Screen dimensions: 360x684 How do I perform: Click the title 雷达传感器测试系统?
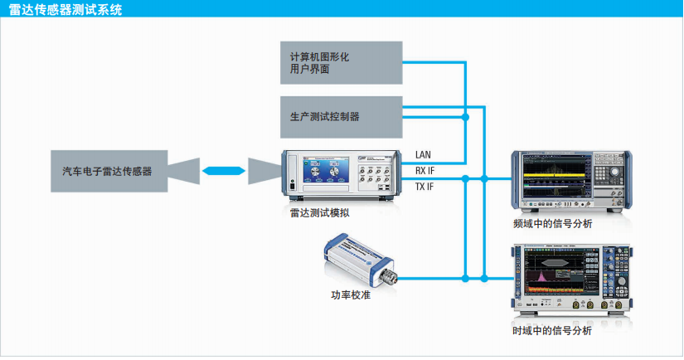63,10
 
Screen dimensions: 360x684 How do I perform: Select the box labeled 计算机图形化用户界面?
341,63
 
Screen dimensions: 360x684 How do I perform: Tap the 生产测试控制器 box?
341,117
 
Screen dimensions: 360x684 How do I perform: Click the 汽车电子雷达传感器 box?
108,172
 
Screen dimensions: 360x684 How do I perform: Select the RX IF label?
424,171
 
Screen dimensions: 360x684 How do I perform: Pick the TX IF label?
424,187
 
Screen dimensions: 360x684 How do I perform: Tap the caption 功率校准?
352,294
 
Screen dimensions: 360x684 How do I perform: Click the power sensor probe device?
357,256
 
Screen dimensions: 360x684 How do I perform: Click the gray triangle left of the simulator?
264,172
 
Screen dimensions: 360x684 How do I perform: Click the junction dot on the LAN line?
466,118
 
